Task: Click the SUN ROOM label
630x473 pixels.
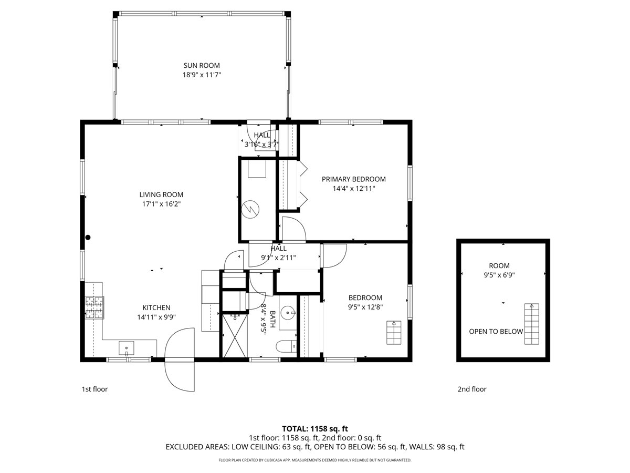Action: tap(202, 66)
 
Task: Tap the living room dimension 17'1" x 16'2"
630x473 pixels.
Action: tap(161, 204)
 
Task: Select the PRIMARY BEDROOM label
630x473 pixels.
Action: tap(354, 179)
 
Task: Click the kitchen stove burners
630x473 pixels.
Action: tap(94, 307)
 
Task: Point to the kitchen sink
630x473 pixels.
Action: tap(127, 348)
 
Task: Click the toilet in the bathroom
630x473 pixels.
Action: tap(286, 347)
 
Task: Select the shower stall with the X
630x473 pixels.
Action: tap(235, 336)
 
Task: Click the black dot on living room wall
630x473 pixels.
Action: tap(88, 238)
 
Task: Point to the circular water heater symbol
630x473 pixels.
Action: tap(250, 209)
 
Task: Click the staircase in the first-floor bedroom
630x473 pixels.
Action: tap(394, 333)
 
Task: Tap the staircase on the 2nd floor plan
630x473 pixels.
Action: tap(531, 324)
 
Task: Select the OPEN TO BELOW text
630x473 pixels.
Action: tap(496, 332)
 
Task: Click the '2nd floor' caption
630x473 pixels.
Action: tap(472, 389)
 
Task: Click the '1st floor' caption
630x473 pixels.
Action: tap(94, 389)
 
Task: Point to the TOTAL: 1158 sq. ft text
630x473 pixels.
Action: tap(315, 429)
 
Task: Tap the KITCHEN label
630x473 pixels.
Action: tap(156, 307)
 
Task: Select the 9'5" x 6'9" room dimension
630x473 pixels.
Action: tap(499, 275)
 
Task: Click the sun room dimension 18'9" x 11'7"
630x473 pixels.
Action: tap(202, 75)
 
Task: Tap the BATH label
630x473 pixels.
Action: tap(272, 319)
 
